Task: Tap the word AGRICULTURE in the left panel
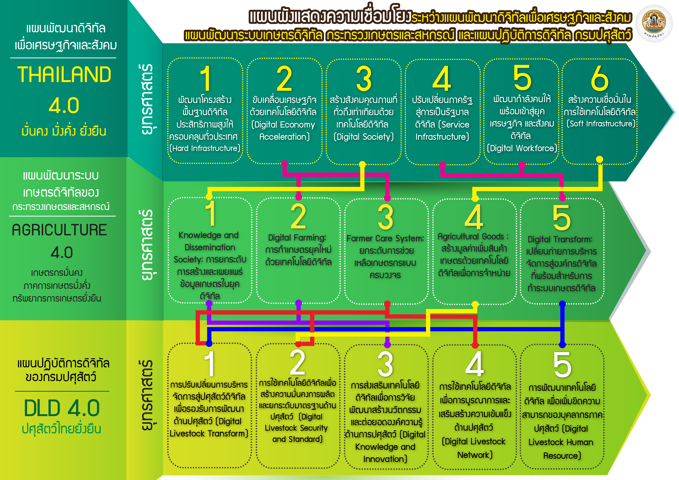click(x=59, y=230)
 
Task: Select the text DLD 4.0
click(x=62, y=408)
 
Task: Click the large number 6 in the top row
click(x=599, y=78)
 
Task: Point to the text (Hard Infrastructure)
click(x=205, y=148)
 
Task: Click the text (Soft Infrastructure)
click(x=601, y=124)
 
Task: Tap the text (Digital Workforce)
click(x=522, y=148)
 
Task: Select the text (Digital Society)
click(x=364, y=137)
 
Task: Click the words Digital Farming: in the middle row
click(x=297, y=238)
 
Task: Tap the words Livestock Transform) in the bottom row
click(x=209, y=434)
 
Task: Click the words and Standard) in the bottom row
click(x=297, y=439)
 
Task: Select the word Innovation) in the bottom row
click(x=385, y=459)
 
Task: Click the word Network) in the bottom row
click(x=475, y=455)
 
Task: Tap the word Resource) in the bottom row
click(x=562, y=456)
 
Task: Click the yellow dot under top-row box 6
click(x=599, y=159)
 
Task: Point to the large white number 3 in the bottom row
click(x=385, y=365)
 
